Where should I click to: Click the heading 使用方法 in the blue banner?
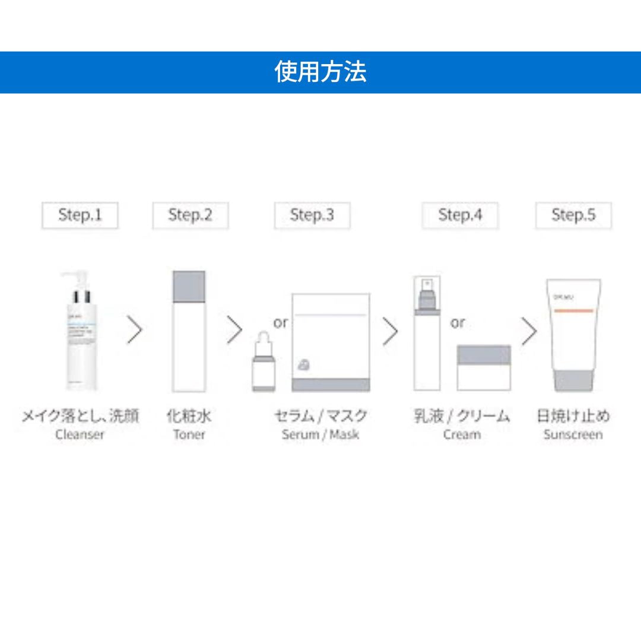[320, 72]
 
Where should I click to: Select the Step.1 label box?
[80, 215]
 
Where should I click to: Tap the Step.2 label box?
[190, 215]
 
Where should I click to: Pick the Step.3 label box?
[312, 215]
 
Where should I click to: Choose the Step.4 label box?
[460, 215]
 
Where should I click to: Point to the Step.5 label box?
[573, 215]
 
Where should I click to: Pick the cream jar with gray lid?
[484, 367]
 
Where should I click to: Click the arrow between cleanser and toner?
[135, 331]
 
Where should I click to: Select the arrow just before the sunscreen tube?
[529, 331]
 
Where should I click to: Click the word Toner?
[189, 434]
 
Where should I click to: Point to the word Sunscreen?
[573, 434]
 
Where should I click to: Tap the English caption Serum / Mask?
[320, 434]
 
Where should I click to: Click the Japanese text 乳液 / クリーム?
[462, 416]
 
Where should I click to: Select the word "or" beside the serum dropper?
[281, 323]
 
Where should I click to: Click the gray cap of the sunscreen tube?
[573, 380]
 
